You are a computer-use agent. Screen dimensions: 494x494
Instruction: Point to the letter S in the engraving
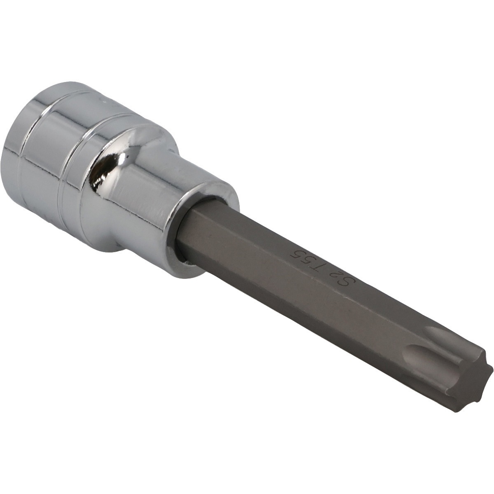click(x=349, y=281)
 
